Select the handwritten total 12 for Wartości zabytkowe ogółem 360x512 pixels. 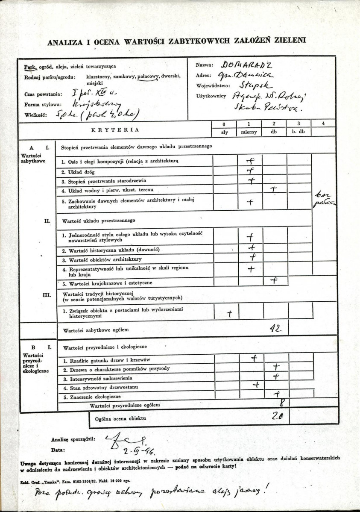275,328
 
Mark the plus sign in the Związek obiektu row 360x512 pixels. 230,314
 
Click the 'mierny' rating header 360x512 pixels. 249,132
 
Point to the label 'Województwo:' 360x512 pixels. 213,85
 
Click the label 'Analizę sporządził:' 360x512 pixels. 73,438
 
